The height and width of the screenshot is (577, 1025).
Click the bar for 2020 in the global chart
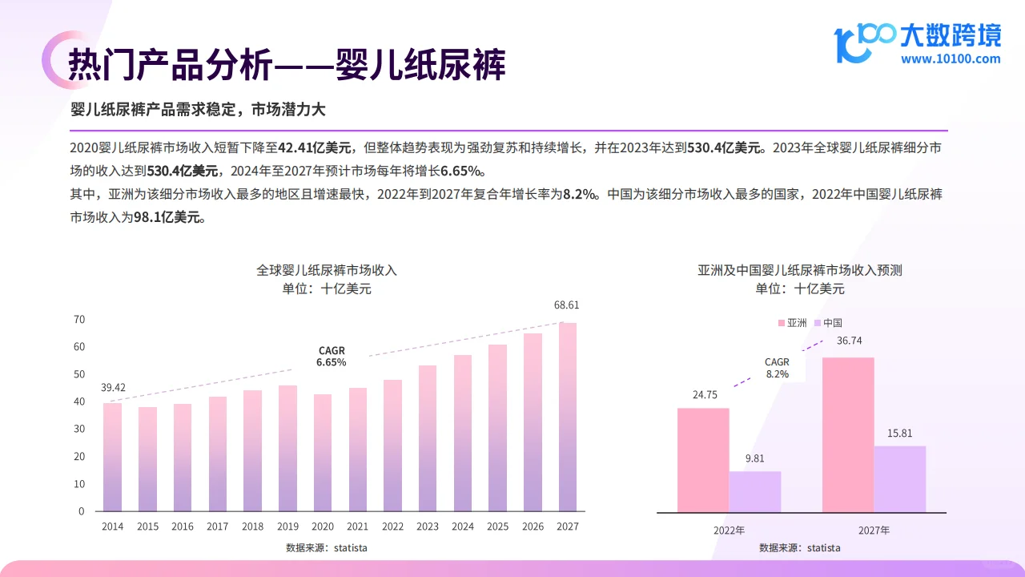pos(323,453)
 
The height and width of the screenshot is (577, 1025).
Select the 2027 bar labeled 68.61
pos(567,417)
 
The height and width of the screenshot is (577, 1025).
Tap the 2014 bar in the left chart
pos(113,457)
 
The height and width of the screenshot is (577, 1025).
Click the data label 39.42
pos(113,388)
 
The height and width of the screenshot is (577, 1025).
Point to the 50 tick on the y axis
pos(79,374)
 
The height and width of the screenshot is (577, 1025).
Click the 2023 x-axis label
pos(428,527)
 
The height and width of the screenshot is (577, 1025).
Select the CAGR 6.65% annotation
pos(332,357)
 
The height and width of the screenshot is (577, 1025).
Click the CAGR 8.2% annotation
pos(777,368)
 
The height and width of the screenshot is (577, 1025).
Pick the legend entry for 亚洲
pos(792,323)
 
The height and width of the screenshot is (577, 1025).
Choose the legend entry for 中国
pos(828,323)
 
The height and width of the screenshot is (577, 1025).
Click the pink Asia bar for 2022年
pos(703,460)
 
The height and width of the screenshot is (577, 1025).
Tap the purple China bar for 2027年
pos(899,479)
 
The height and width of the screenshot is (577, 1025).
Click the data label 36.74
pos(849,341)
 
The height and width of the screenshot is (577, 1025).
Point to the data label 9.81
pos(754,459)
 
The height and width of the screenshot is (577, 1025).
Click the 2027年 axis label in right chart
pos(874,531)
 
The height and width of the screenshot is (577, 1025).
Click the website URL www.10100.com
pos(951,59)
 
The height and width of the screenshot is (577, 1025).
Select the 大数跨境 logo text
pos(951,35)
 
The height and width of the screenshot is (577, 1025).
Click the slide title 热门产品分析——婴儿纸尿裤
pos(287,65)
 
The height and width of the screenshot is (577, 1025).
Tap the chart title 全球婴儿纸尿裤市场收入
pos(327,270)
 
